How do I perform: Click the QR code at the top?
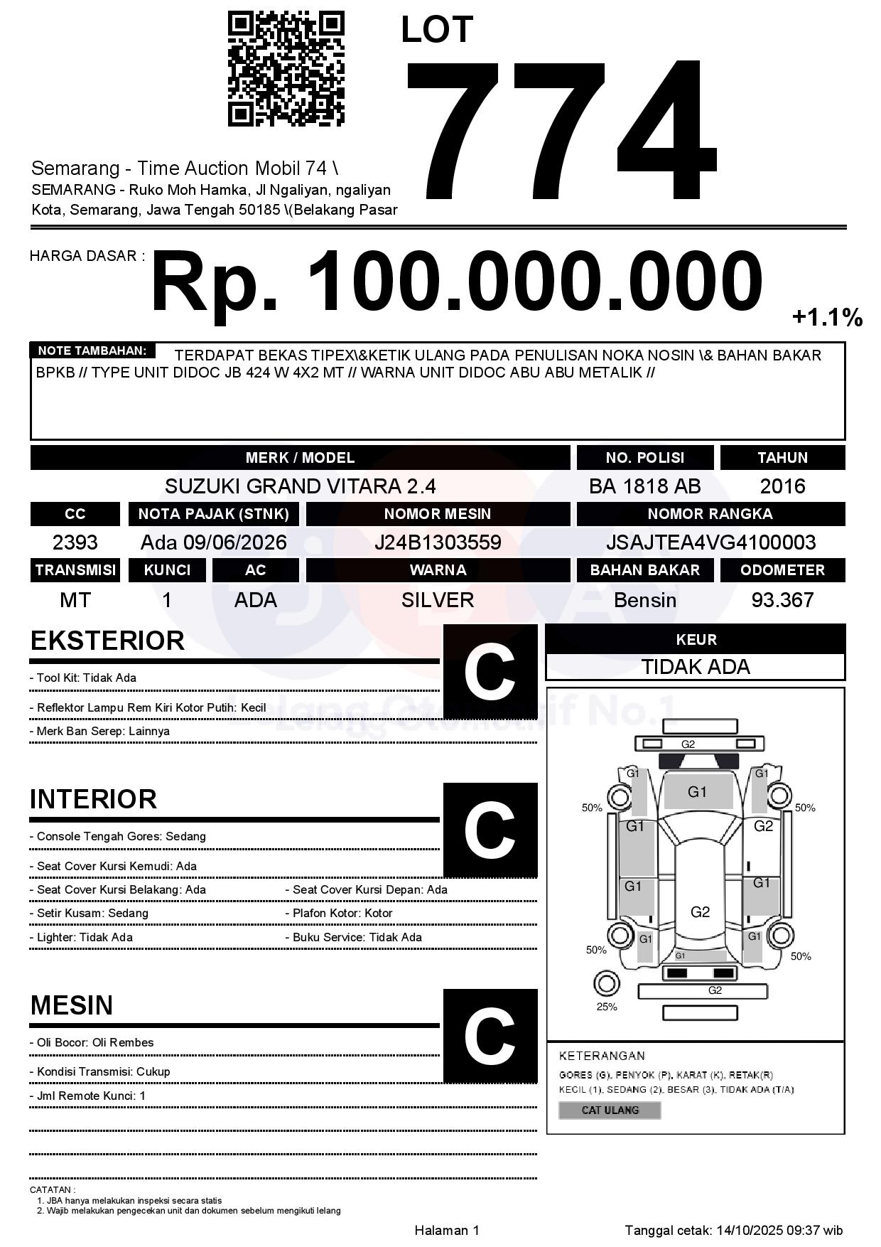tap(286, 69)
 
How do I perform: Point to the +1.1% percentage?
tap(827, 317)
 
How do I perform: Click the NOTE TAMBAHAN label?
tap(92, 350)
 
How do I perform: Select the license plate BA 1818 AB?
tap(644, 486)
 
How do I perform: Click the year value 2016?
tap(782, 486)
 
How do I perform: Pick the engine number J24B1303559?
tap(438, 542)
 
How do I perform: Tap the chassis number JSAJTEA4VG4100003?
tap(710, 542)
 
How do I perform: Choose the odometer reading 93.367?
tap(782, 600)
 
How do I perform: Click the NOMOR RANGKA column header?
tap(710, 513)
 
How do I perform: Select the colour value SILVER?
tap(438, 600)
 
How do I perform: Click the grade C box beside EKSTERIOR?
tap(490, 672)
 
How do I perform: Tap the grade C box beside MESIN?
tap(490, 1036)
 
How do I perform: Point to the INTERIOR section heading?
tap(93, 799)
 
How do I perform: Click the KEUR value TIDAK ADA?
tap(696, 667)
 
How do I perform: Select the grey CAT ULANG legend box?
tap(610, 1110)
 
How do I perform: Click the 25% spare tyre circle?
tap(606, 985)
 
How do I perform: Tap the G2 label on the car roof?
tap(700, 912)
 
